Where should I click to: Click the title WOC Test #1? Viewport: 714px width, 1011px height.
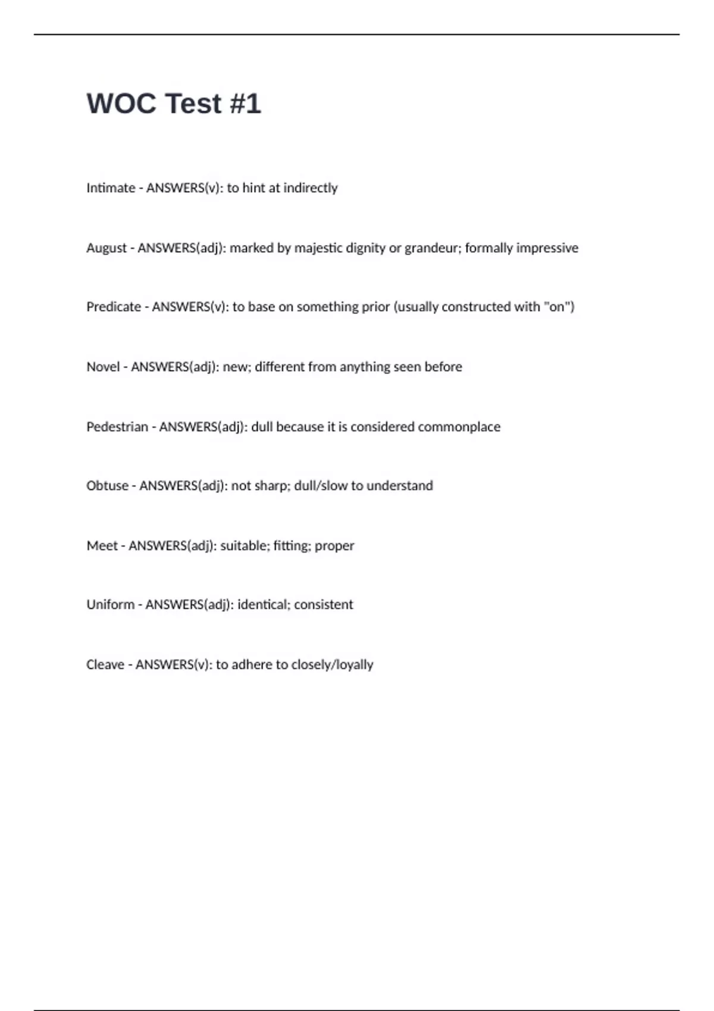pos(174,104)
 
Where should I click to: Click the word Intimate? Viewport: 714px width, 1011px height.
pos(111,188)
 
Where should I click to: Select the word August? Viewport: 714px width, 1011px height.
pos(107,248)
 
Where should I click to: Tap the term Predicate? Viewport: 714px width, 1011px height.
pos(114,307)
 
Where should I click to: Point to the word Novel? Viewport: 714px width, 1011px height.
pos(103,367)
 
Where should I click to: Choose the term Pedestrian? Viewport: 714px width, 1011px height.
pos(117,427)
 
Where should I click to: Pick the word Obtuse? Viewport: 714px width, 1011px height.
pos(107,486)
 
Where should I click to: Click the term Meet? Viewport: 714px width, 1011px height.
pos(102,546)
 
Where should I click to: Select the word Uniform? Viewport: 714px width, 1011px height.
pos(111,605)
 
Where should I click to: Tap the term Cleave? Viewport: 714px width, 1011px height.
pos(105,665)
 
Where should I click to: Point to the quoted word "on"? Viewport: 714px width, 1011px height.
pos(558,307)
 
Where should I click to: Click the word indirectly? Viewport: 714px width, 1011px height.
pos(311,188)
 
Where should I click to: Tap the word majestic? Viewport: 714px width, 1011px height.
pos(318,248)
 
